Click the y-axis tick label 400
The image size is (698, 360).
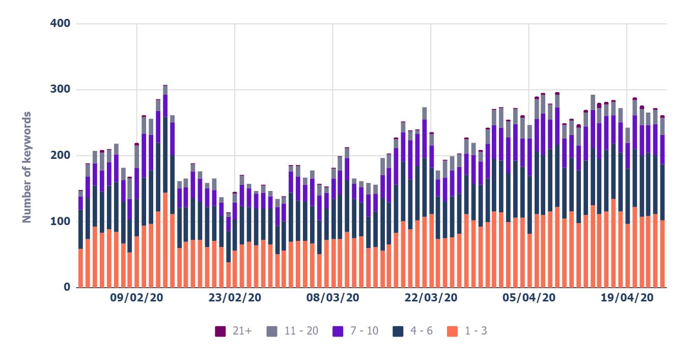(x=60, y=24)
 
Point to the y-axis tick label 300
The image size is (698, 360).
(x=60, y=90)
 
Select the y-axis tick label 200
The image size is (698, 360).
(x=60, y=155)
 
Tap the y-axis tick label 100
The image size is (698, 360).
(x=60, y=221)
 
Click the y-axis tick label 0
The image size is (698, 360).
(x=66, y=287)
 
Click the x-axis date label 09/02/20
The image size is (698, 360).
(x=136, y=298)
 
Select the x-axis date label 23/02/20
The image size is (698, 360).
(x=235, y=298)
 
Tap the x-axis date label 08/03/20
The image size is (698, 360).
(x=332, y=298)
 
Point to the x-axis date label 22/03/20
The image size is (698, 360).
(x=431, y=298)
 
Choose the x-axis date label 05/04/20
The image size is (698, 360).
(x=528, y=298)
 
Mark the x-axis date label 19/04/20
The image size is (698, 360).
(x=627, y=298)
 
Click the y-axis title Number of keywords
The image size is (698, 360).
(x=27, y=167)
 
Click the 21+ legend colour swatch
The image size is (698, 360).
(x=220, y=331)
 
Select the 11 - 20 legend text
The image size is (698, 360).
(x=301, y=331)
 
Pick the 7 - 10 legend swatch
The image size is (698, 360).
(x=337, y=331)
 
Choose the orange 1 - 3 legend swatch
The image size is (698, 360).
(x=452, y=331)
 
